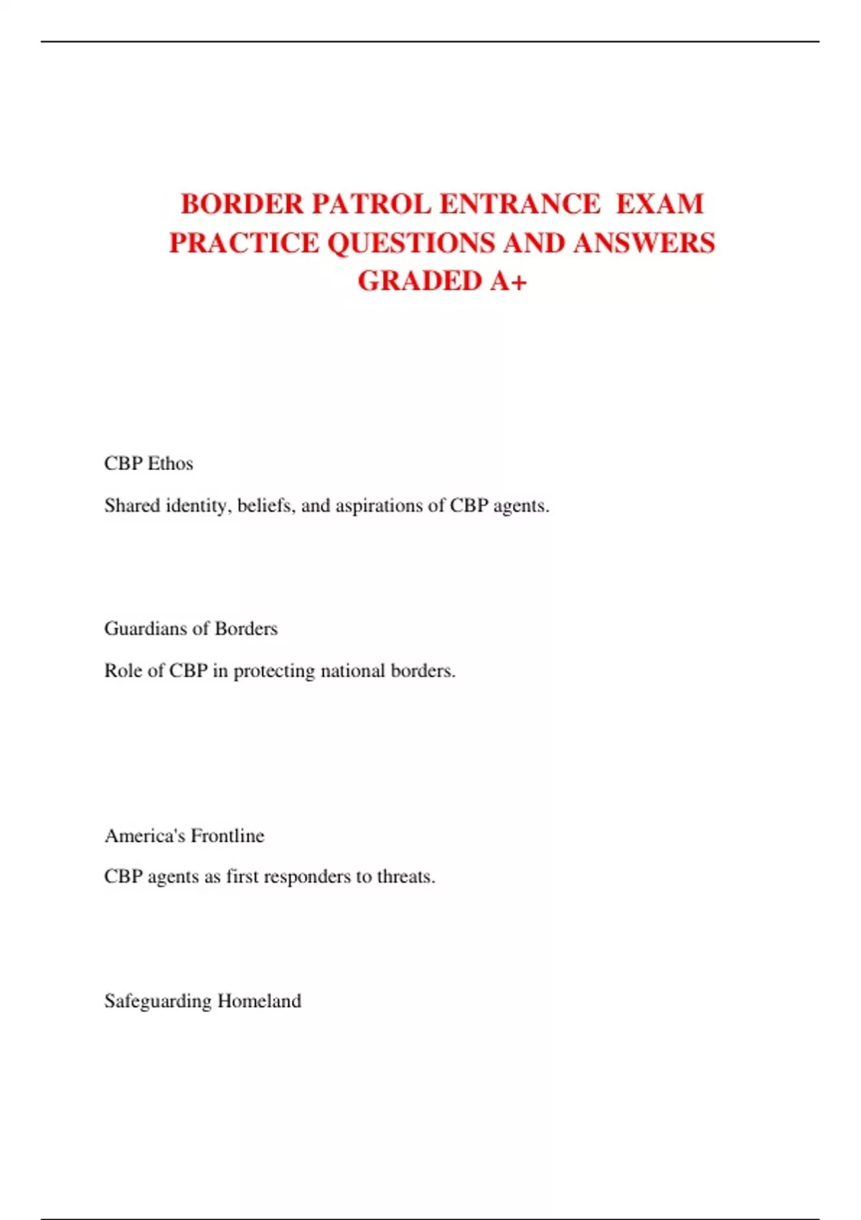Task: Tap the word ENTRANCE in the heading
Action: click(519, 205)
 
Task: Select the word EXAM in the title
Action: click(659, 205)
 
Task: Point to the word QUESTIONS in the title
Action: click(411, 243)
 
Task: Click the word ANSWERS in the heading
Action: click(644, 243)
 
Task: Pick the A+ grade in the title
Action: click(509, 281)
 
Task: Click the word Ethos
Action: click(170, 464)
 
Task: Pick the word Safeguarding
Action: click(158, 1001)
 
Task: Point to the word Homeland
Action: click(259, 1001)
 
